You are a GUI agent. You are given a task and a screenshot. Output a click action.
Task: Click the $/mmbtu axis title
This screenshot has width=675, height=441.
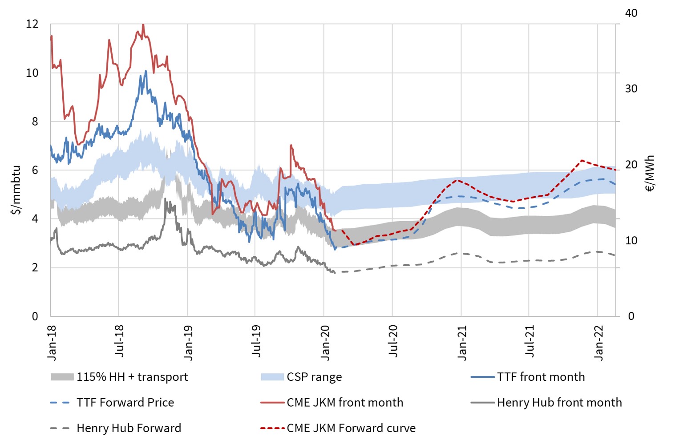click(x=16, y=190)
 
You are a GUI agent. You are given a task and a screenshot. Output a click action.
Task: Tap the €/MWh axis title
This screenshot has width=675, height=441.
click(x=650, y=174)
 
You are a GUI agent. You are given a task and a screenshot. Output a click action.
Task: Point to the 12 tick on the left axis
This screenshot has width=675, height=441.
click(x=32, y=24)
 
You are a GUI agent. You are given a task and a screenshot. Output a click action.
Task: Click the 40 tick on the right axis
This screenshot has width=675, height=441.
click(x=631, y=13)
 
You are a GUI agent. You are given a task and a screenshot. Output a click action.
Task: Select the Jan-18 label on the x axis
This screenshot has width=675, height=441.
click(x=52, y=343)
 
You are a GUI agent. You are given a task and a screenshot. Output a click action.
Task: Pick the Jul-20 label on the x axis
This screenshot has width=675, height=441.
click(x=393, y=341)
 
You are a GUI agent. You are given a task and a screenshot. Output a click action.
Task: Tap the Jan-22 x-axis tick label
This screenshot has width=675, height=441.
click(x=599, y=343)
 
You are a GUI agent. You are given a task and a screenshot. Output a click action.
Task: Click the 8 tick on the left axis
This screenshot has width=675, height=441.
click(x=35, y=121)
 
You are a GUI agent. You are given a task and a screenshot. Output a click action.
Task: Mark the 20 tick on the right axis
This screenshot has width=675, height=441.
click(x=631, y=165)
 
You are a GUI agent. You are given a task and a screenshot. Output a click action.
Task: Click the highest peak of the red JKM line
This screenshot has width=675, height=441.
click(x=143, y=25)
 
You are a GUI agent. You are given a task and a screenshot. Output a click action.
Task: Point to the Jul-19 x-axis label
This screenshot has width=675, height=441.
click(x=256, y=341)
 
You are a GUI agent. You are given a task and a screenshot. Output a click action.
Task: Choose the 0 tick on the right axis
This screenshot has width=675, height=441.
click(x=631, y=316)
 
